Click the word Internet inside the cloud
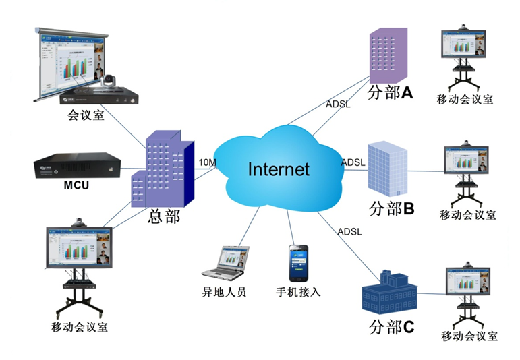(279, 168)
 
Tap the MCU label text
(77, 185)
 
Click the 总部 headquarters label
(165, 217)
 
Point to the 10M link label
(206, 162)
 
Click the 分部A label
(390, 93)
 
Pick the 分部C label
(391, 328)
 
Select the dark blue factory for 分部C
(386, 293)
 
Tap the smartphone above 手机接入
(298, 263)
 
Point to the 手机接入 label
(298, 292)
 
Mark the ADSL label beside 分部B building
(354, 162)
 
